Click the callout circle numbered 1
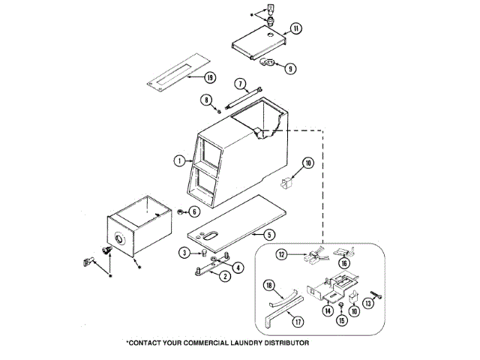(x=179, y=160)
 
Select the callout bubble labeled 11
(x=295, y=28)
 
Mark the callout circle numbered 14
(x=327, y=310)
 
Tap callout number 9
(x=289, y=67)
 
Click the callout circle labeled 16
(x=345, y=263)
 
